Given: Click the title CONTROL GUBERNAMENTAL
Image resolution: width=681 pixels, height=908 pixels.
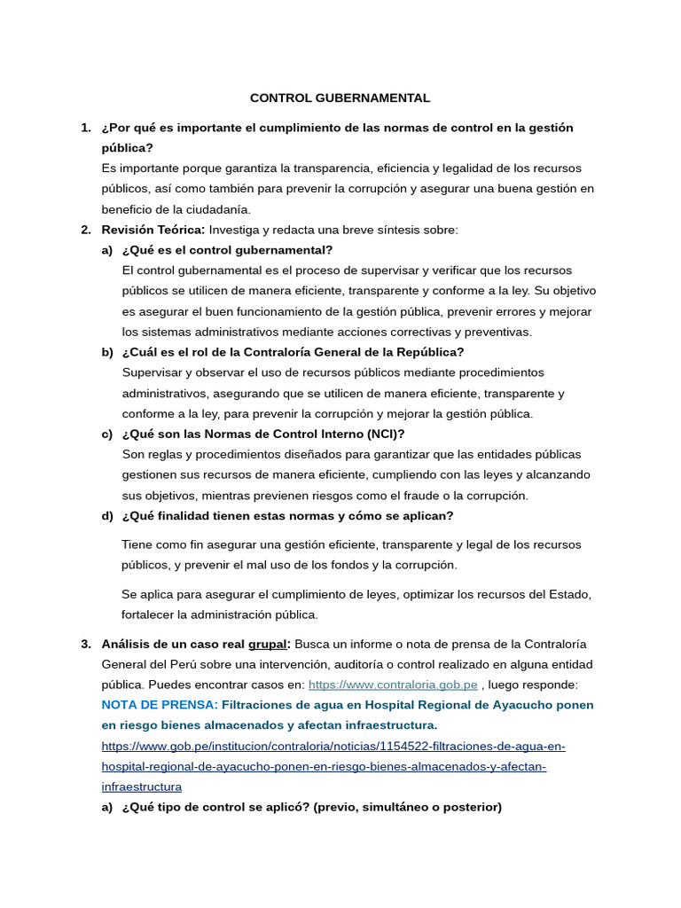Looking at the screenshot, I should [340, 98].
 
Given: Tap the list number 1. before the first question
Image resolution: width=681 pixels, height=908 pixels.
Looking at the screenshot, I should [86, 128].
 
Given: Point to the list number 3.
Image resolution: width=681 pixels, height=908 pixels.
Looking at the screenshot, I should [86, 644].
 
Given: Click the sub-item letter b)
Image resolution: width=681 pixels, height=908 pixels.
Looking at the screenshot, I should [107, 352].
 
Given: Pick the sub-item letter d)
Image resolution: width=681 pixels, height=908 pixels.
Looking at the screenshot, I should [107, 516].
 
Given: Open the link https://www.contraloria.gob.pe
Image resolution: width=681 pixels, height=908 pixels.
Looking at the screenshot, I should [393, 685].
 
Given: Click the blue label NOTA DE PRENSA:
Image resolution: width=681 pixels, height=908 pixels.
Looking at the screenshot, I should [160, 705].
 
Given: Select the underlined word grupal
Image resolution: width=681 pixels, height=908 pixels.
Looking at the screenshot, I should [267, 644].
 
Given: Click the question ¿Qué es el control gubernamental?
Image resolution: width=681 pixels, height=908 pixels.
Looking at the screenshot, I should [228, 250].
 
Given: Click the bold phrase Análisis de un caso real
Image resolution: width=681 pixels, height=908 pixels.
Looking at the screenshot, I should [173, 644].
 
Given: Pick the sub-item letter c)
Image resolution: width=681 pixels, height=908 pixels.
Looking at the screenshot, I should [107, 434].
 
